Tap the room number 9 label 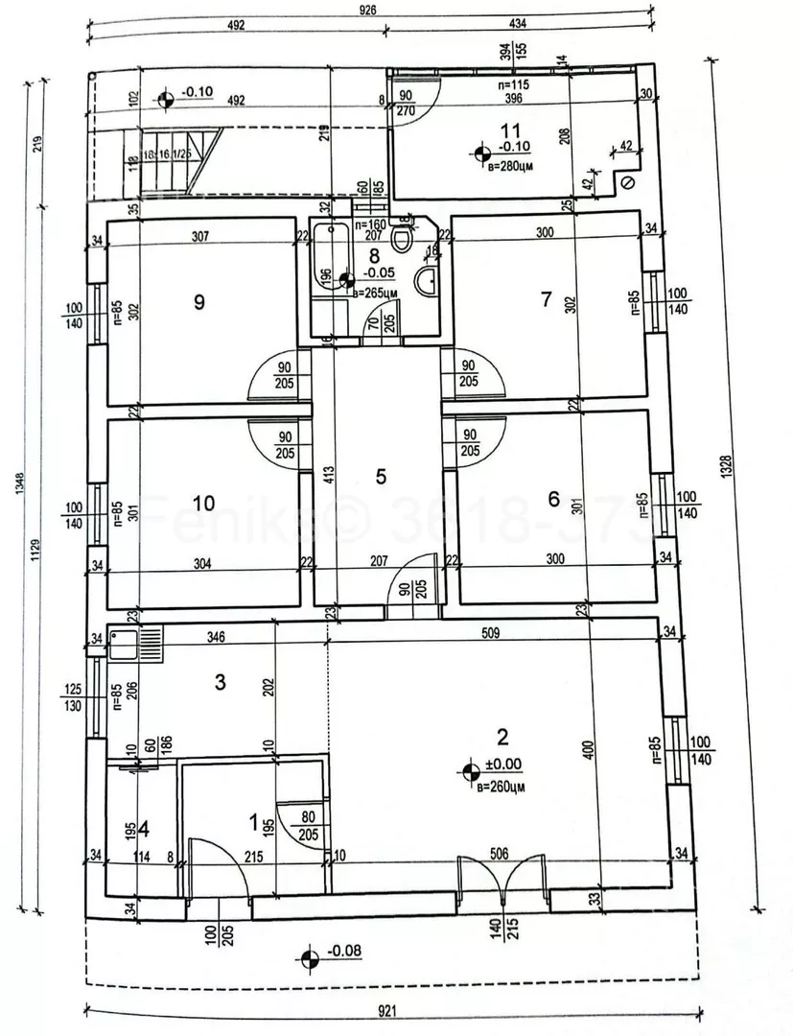point(199,302)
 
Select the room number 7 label point(547,299)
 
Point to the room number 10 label point(202,503)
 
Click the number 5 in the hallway point(381,476)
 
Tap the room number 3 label point(220,683)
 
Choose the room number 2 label point(501,737)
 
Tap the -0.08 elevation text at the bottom point(343,952)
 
